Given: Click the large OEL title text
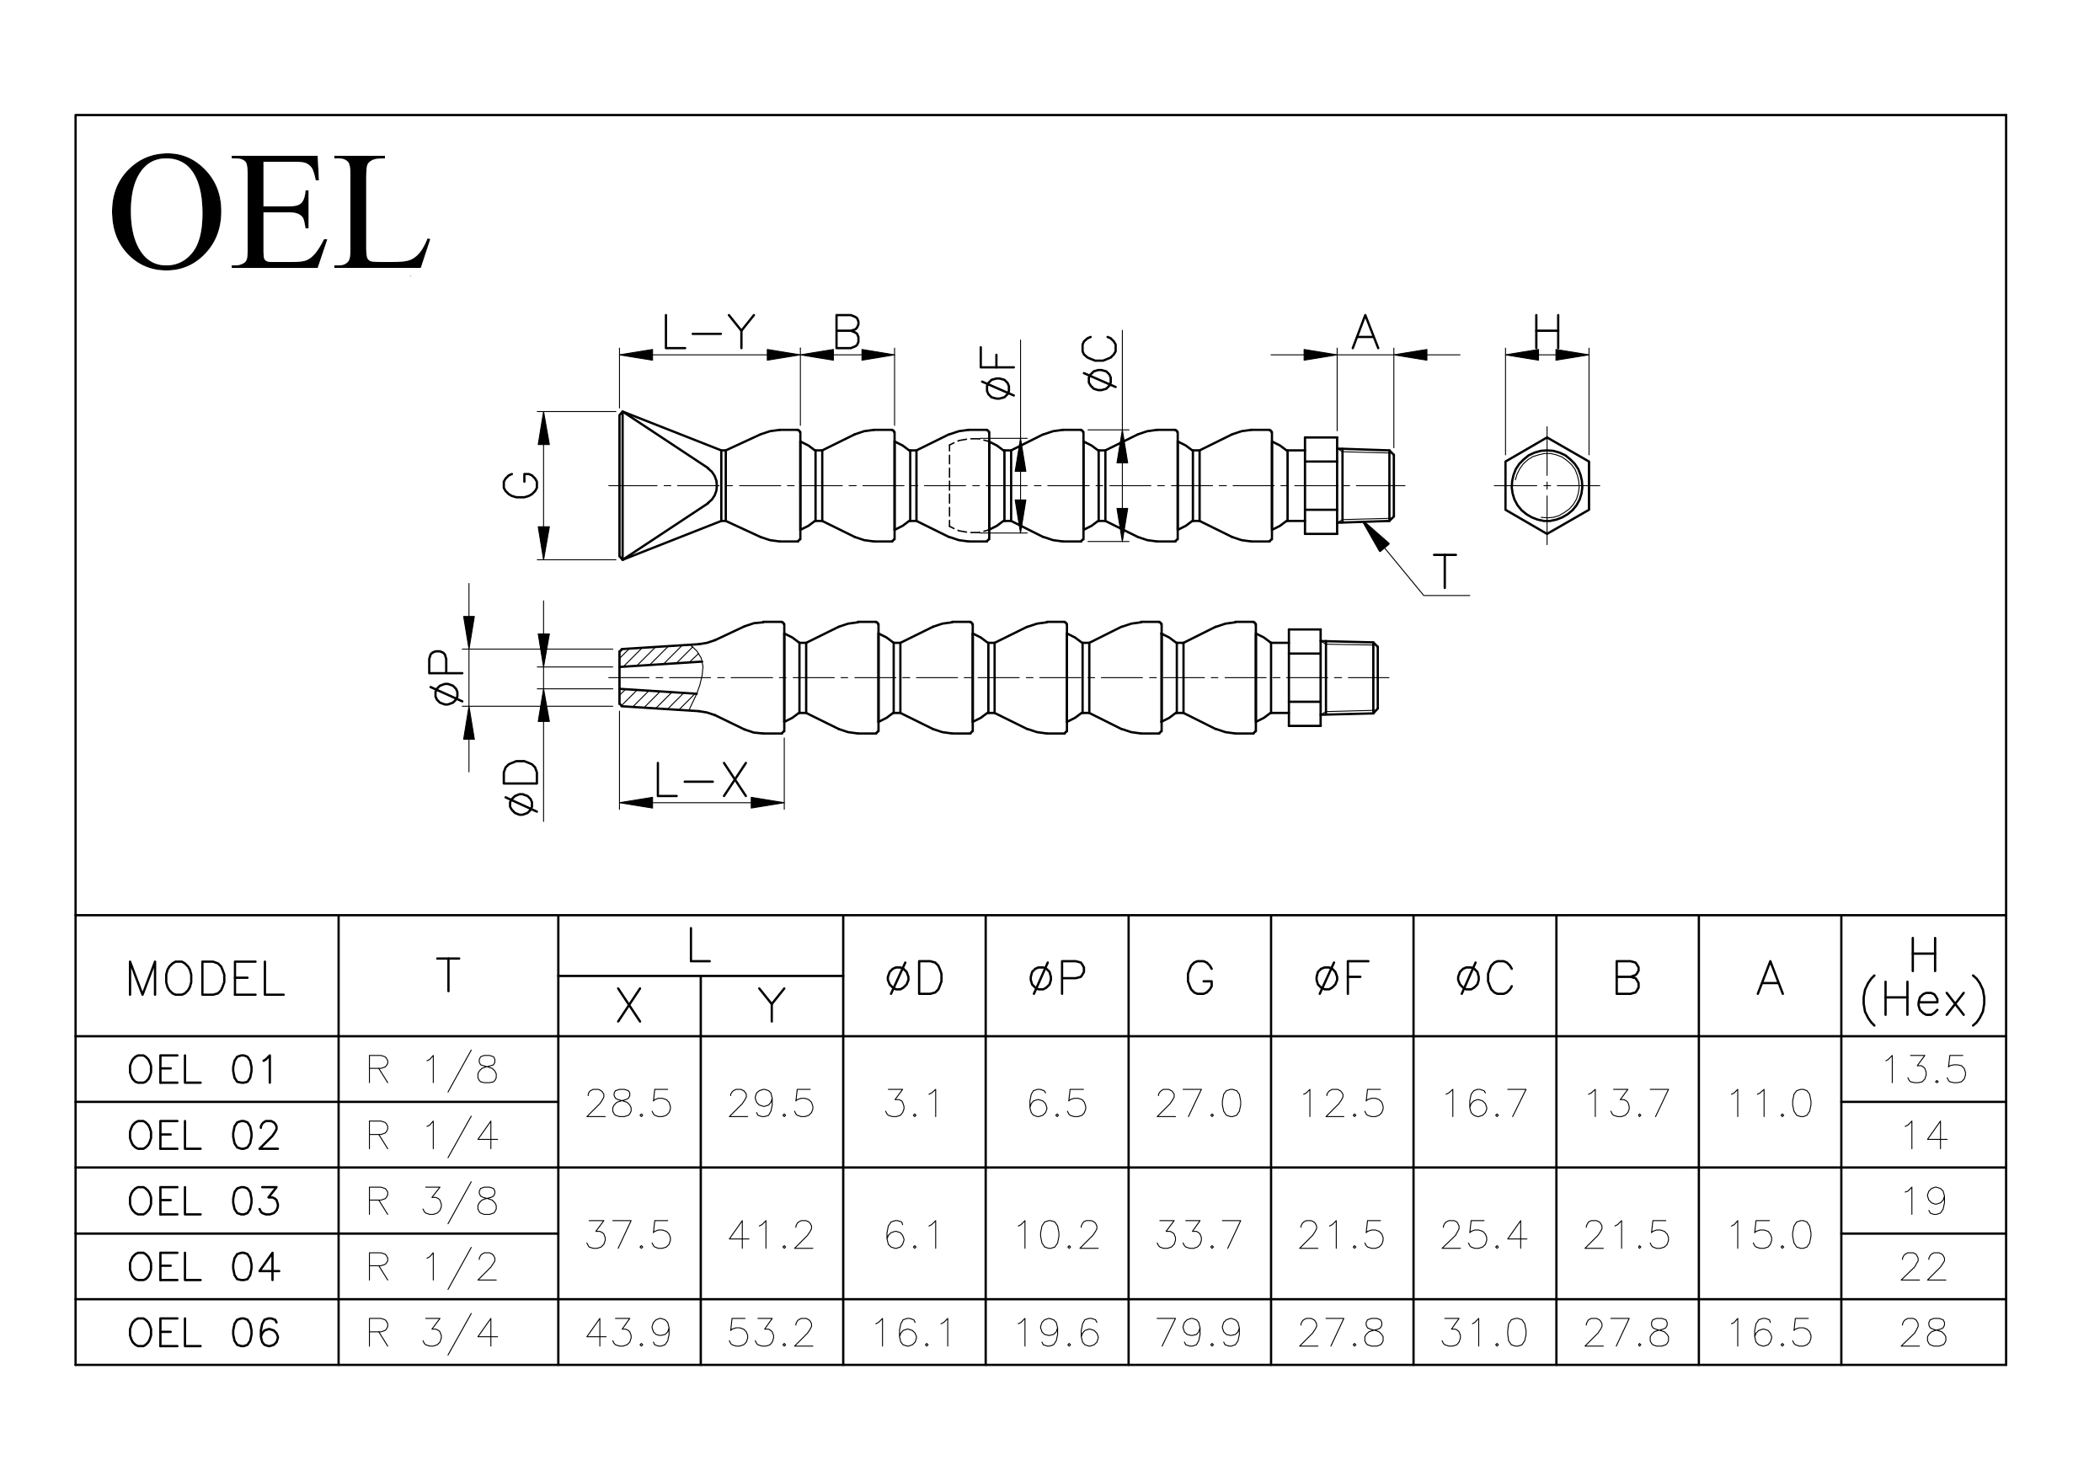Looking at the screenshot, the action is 270,212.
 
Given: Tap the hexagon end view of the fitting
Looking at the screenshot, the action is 1547,485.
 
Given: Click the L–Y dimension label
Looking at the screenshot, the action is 708,332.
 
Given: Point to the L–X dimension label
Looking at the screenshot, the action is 701,780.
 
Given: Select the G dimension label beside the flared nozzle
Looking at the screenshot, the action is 521,485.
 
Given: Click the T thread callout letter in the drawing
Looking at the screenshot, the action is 1445,572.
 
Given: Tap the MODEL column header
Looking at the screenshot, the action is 206,980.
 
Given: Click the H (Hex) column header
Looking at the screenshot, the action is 1923,979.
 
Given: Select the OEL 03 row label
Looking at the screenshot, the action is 204,1201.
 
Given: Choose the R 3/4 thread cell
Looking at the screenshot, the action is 432,1333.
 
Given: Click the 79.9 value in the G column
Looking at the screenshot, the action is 1199,1333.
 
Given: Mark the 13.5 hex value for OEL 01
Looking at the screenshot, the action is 1924,1069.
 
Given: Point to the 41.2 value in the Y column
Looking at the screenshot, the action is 772,1235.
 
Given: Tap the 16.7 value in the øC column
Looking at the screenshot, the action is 1485,1103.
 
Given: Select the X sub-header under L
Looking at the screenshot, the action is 628,1007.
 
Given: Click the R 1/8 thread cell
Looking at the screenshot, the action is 432,1070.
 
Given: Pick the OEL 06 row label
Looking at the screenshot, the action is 204,1333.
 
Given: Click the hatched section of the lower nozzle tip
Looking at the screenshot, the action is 661,678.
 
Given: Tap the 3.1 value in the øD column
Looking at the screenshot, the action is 913,1103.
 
